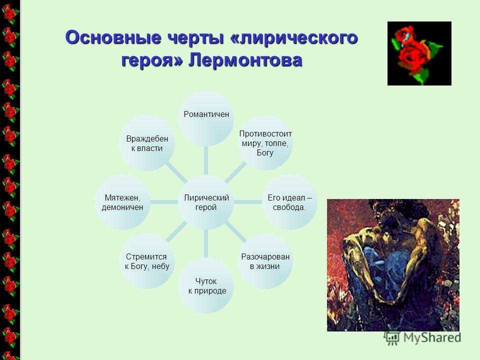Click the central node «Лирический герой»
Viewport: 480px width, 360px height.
(206, 202)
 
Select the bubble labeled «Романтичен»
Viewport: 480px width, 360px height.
(206, 118)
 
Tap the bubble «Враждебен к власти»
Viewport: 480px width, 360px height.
(147, 143)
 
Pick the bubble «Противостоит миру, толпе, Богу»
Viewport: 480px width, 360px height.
(265, 143)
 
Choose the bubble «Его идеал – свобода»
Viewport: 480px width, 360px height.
(289, 202)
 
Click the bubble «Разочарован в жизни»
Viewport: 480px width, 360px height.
(265, 261)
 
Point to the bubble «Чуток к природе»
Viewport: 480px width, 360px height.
(206, 285)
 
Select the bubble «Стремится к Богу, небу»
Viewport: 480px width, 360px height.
(147, 261)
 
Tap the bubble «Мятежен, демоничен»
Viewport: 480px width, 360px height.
(122, 202)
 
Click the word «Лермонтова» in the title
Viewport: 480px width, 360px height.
(245, 60)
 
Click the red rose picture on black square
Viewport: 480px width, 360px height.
(419, 53)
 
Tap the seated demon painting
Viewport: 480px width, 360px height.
(393, 265)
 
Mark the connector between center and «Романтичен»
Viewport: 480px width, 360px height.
(206, 160)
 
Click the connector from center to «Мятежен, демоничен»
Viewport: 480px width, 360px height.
(164, 202)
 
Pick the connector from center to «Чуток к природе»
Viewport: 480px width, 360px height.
(206, 244)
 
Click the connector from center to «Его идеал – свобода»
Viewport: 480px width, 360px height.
(248, 202)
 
